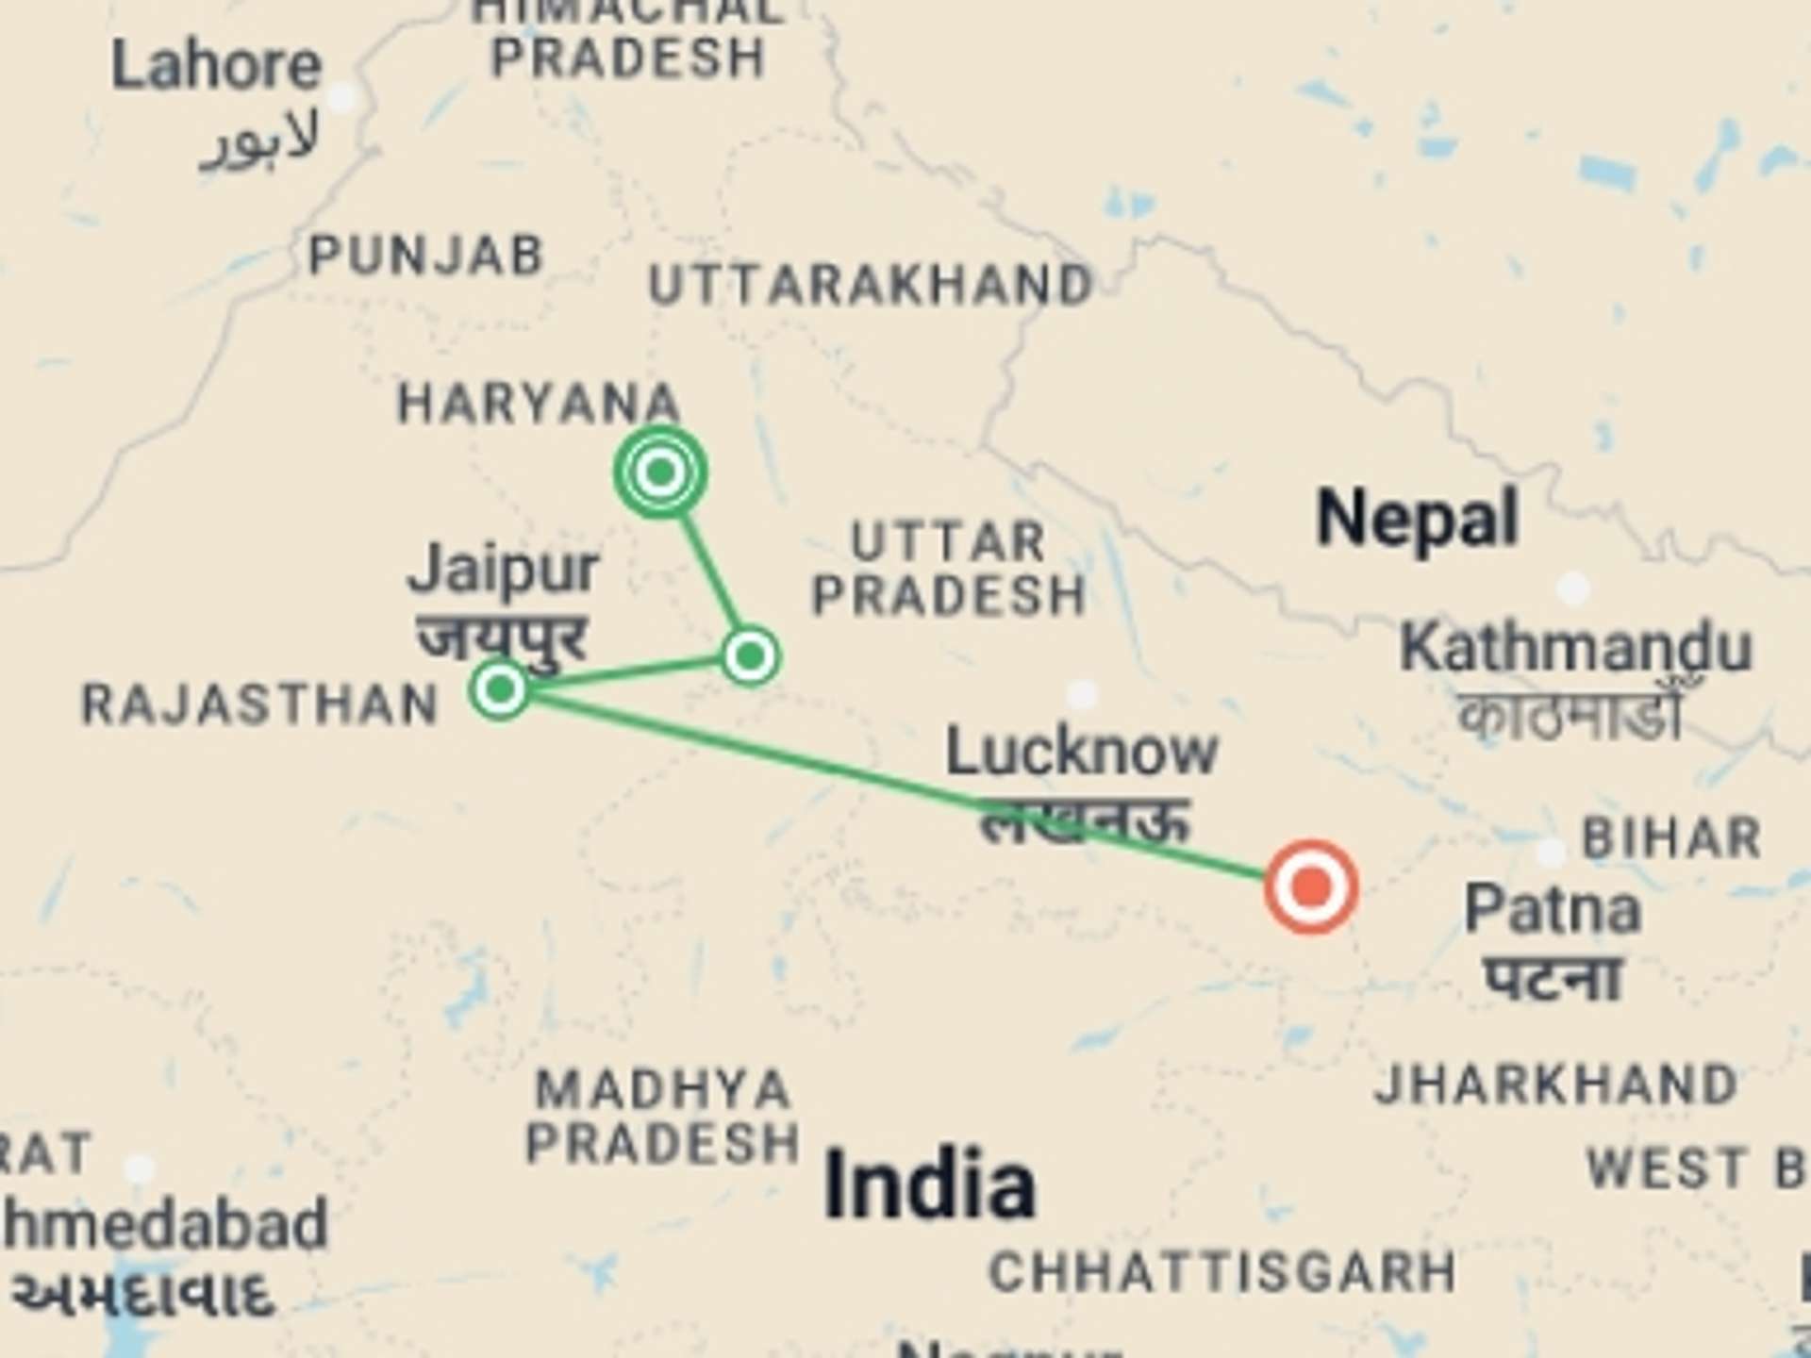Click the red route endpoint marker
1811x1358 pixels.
pyautogui.click(x=1310, y=886)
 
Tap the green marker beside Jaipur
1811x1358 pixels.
pyautogui.click(x=500, y=688)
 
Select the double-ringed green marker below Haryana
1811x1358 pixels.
pyautogui.click(x=660, y=471)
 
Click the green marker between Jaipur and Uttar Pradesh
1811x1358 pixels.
pyautogui.click(x=750, y=655)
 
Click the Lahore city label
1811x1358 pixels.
pyautogui.click(x=217, y=66)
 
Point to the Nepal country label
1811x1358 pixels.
pyautogui.click(x=1417, y=518)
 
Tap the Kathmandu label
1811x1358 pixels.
pyautogui.click(x=1575, y=649)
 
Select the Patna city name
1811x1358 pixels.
pyautogui.click(x=1553, y=910)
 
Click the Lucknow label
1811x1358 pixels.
pyautogui.click(x=1082, y=752)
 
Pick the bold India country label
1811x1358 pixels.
pyautogui.click(x=930, y=1184)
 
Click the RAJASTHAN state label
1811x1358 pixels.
pyautogui.click(x=260, y=705)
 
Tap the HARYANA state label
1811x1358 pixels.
pyautogui.click(x=539, y=404)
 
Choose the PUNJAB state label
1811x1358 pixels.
pyautogui.click(x=426, y=256)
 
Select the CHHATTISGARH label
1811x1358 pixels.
pyautogui.click(x=1222, y=1272)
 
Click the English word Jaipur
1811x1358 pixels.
pyautogui.click(x=503, y=570)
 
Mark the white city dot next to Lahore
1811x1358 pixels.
pyautogui.click(x=341, y=97)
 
